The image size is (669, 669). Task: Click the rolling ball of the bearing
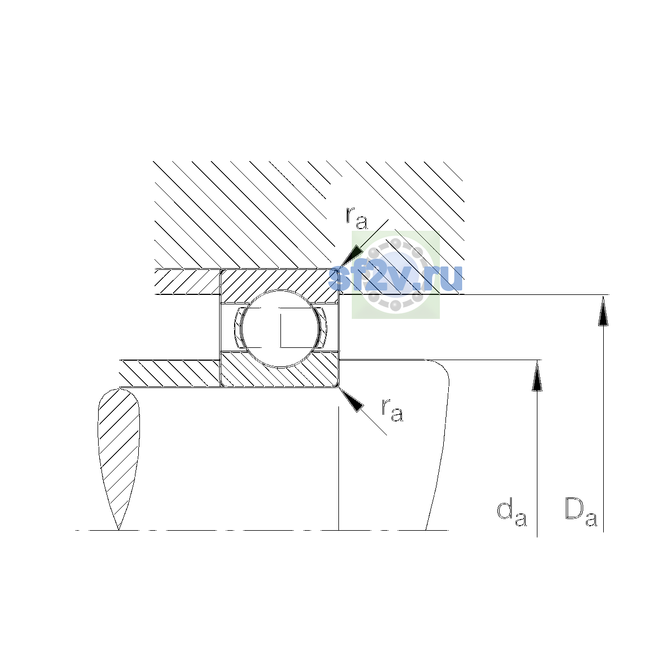point(280,328)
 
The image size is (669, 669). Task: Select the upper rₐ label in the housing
point(357,219)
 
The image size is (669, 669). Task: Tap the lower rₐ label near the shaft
point(392,411)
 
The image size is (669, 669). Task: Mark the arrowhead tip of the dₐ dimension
point(537,360)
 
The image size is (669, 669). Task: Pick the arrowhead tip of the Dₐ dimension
point(603,295)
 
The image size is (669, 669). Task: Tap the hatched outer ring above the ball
point(280,281)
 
